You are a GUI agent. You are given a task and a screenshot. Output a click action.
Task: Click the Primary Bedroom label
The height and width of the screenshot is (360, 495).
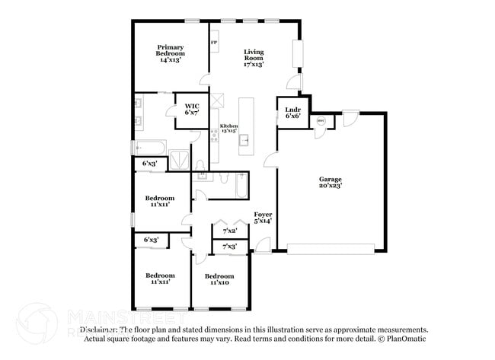tap(171, 53)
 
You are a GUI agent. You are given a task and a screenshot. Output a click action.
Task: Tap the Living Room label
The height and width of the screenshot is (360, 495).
tap(254, 58)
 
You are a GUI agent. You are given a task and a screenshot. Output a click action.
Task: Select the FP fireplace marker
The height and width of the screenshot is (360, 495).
tap(214, 43)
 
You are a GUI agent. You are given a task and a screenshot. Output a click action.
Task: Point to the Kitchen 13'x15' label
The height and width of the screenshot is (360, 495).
tap(228, 129)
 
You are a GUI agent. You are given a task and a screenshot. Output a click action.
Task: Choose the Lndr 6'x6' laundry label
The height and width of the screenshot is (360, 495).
tap(293, 113)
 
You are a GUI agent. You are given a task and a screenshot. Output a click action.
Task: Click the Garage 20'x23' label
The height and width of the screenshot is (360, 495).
tap(331, 182)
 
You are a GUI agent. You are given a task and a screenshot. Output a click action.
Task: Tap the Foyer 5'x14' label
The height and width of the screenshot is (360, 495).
tap(262, 217)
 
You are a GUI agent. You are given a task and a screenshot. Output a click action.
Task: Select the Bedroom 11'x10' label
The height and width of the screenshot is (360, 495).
tap(219, 279)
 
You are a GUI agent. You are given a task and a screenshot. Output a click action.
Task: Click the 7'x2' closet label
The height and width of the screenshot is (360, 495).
tap(229, 230)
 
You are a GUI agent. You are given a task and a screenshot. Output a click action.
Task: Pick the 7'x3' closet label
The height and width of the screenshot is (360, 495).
tap(229, 246)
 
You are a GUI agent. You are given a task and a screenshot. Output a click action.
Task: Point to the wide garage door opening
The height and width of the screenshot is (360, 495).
tap(331, 249)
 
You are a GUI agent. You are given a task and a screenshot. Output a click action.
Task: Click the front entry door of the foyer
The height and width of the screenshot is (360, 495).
tap(261, 245)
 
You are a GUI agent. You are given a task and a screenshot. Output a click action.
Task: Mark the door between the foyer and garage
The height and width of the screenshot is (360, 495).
tap(270, 160)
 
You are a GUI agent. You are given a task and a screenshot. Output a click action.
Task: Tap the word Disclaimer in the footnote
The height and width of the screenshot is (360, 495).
tap(97, 330)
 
